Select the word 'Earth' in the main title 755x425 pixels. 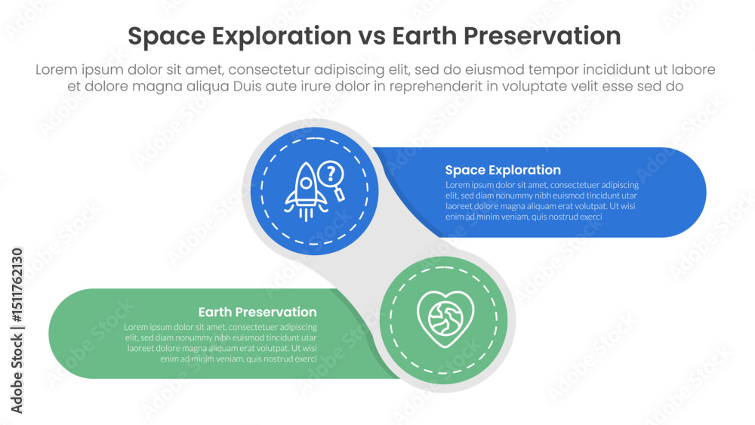429,36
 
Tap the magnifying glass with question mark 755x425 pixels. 331,180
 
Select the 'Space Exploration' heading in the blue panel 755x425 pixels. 503,170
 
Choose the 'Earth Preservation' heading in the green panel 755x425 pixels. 257,312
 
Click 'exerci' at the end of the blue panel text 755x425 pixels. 589,217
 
